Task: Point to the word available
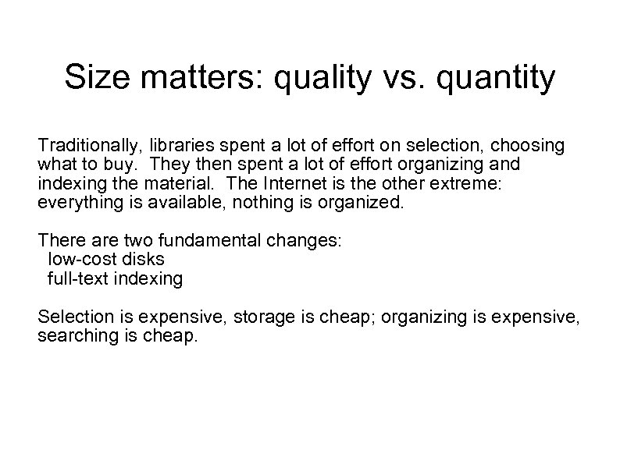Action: click(171, 203)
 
